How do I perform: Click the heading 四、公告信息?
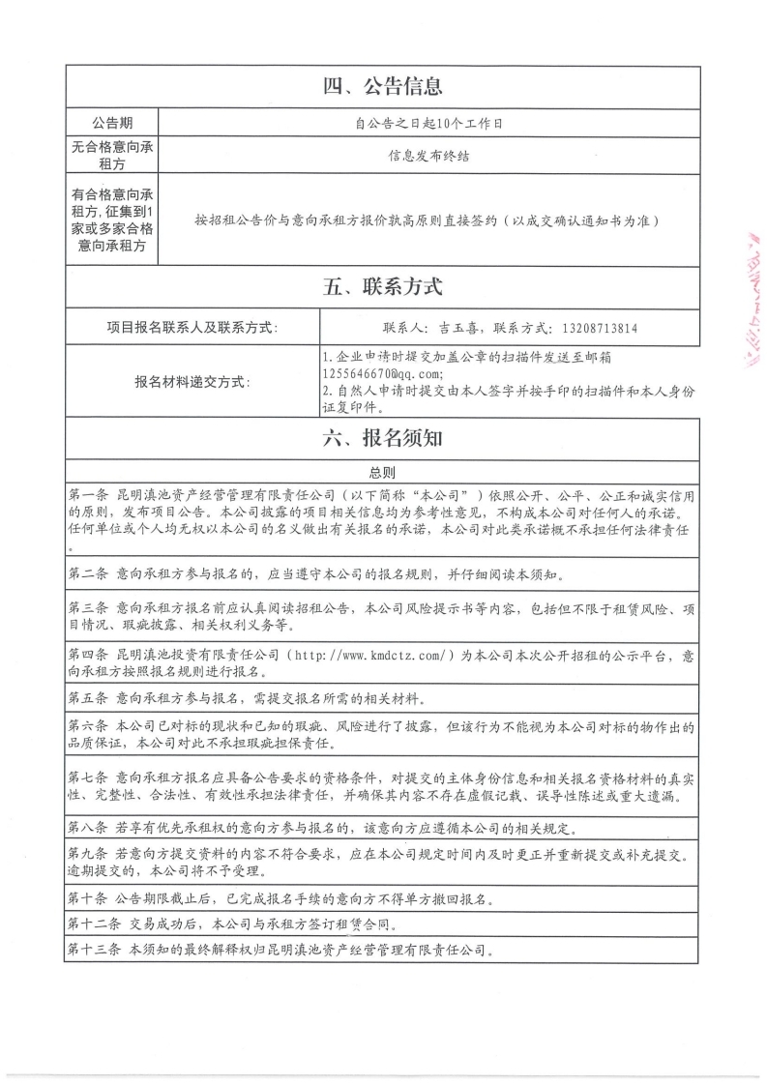coord(383,87)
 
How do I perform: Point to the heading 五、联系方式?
coord(383,287)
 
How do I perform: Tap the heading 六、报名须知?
coord(383,438)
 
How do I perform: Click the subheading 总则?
coord(383,473)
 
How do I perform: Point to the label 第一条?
coord(88,493)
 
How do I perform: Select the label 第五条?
coord(88,697)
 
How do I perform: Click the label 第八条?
coord(88,828)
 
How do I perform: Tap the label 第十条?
coord(88,898)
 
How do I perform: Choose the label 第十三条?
coord(94,950)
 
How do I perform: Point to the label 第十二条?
coord(94,924)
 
